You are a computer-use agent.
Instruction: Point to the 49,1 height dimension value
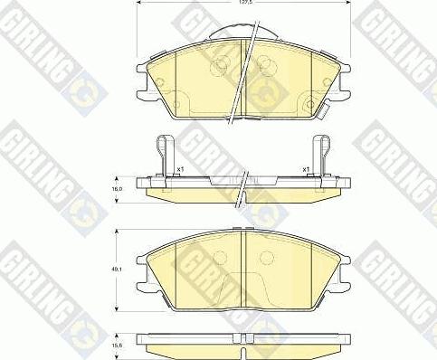pos(117,266)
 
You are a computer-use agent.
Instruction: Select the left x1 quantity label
pos(180,169)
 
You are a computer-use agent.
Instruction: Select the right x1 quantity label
pos(307,169)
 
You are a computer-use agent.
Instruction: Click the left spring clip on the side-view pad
pos(165,154)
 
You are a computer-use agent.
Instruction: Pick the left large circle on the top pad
pos(219,65)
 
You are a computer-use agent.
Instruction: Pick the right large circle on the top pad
pos(265,65)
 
